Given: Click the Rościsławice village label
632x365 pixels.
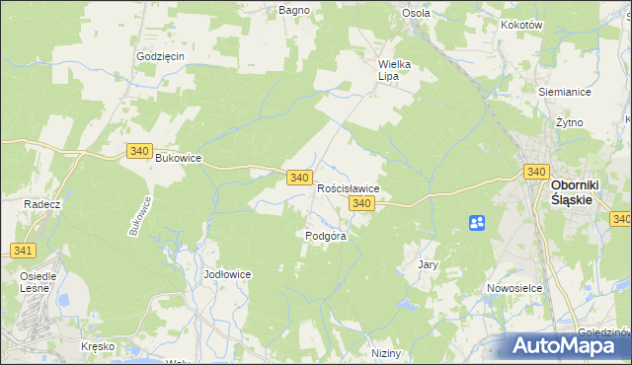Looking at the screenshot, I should pos(348,187).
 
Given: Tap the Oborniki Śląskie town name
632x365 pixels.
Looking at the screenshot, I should pos(571,191).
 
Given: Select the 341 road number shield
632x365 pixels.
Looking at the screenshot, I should pos(23,251).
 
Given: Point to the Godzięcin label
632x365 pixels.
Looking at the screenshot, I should pos(161,56).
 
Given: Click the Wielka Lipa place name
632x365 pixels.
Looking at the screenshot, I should pos(394,70).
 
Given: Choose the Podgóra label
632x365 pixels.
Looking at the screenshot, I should pos(325,236).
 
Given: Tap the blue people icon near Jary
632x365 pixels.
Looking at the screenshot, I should pos(477,223).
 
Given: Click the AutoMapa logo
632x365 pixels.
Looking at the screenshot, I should pos(569,345).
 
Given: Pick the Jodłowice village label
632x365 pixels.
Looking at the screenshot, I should pos(227,273).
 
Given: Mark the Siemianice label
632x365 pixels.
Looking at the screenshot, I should pos(564,91).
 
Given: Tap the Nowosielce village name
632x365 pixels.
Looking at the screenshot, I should pos(511,288).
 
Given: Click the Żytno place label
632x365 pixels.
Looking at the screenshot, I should pos(569,122).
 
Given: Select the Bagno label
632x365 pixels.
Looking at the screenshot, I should pos(294,10).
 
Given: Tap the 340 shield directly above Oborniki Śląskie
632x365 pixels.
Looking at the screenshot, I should pos(535,172).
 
